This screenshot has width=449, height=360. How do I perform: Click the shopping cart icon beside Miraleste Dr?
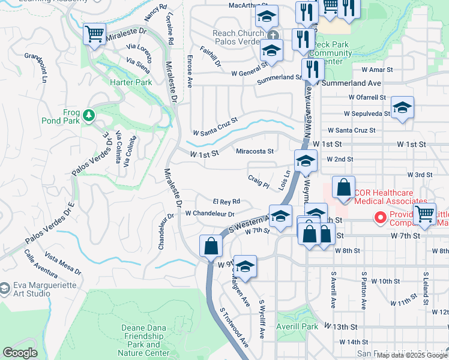tap(94, 34)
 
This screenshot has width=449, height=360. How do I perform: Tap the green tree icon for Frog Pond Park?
tap(89, 115)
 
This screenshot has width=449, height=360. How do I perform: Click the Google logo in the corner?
tap(20, 352)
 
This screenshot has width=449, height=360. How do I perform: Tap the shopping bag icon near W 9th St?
tap(211, 246)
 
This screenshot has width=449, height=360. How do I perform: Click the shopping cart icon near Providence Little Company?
tap(425, 214)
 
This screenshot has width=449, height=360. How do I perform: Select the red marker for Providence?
tap(379, 217)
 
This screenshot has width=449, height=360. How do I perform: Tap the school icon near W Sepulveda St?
tap(402, 107)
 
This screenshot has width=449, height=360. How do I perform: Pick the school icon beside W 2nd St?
tap(306, 161)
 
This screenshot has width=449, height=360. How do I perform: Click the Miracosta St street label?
tap(255, 152)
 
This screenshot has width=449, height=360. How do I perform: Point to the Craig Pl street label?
tap(258, 181)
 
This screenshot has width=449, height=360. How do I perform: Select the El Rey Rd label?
tap(226, 202)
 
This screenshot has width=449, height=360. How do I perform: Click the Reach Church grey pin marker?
tap(273, 35)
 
